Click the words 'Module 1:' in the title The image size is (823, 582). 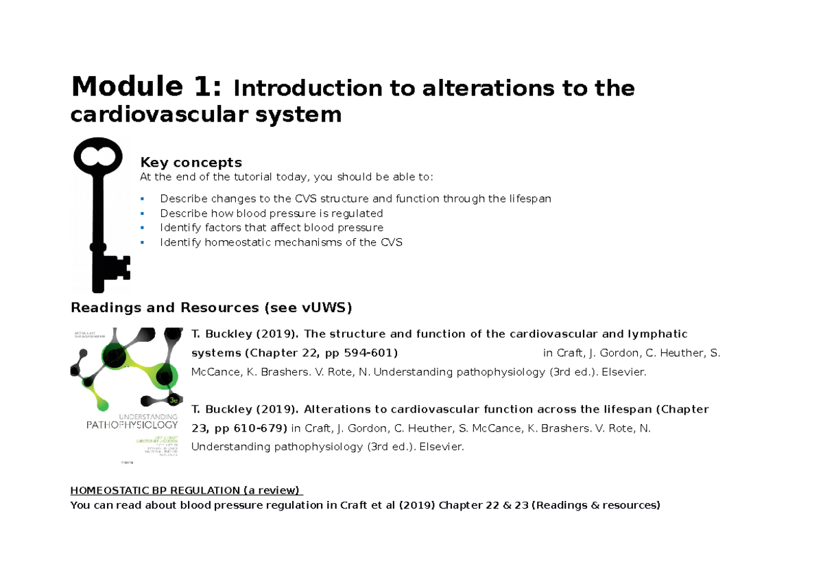146,87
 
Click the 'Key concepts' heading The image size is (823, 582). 191,163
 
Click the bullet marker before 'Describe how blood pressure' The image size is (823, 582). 142,213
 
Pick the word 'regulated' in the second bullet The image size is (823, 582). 359,213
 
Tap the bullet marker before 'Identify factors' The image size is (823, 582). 142,228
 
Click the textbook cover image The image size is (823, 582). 126,397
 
